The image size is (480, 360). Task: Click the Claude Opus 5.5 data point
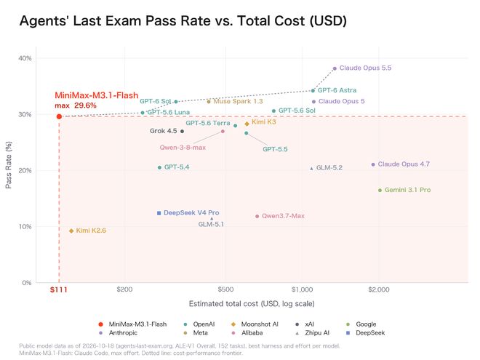coord(335,68)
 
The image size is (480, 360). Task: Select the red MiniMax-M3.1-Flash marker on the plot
coord(59,116)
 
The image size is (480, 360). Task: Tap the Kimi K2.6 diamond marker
coord(71,231)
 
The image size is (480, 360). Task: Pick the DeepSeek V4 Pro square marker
coord(159,213)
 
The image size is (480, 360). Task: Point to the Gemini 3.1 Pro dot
coord(380,191)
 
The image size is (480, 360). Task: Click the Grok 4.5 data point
coord(182,132)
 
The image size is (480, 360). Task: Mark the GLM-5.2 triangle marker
coord(311,169)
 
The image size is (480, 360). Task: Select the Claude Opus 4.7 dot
coord(373,164)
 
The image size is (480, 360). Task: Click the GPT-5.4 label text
coord(177,167)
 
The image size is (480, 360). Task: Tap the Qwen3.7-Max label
coord(283,216)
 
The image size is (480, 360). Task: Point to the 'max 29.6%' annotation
coord(76,105)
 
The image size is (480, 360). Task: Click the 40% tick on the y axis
coord(25,58)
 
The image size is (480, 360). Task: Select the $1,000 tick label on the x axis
coord(302,289)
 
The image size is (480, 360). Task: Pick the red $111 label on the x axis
coord(59,289)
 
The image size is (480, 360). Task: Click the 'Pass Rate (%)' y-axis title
coord(9,164)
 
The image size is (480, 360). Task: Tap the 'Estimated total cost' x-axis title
coord(252,304)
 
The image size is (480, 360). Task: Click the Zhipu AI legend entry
coord(313,333)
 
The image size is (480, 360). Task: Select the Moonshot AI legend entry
coord(255,324)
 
